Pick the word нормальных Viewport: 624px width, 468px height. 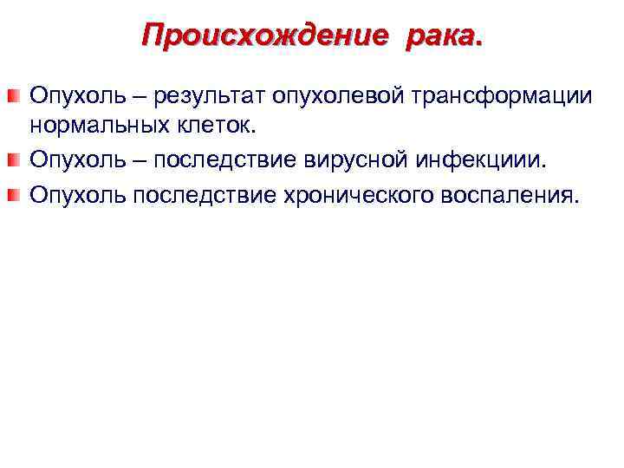point(93,127)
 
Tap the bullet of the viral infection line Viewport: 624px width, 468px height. point(14,159)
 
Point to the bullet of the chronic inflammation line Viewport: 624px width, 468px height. point(14,192)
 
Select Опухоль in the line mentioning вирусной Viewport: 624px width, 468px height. point(67,159)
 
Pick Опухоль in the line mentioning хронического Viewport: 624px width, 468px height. point(67,192)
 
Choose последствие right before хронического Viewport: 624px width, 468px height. point(192,192)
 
